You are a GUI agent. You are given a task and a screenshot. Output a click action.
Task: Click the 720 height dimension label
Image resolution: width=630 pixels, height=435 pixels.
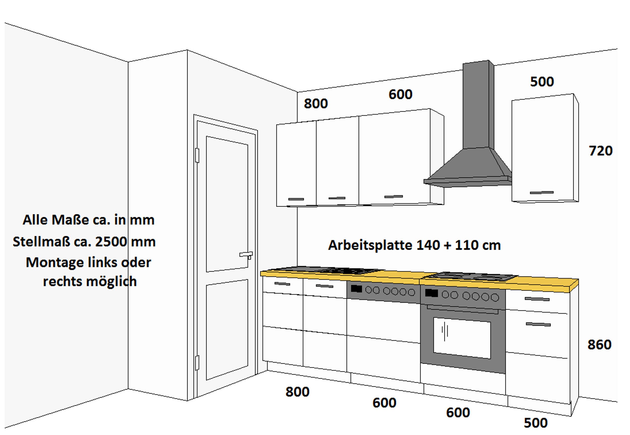pyautogui.click(x=601, y=151)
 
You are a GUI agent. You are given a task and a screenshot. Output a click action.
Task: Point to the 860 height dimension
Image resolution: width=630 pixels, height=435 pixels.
pyautogui.click(x=600, y=345)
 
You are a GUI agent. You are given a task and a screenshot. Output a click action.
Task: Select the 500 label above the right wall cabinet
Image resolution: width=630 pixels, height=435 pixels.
pyautogui.click(x=542, y=82)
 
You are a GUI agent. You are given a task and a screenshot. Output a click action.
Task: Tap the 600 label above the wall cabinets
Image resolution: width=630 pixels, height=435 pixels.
pyautogui.click(x=400, y=95)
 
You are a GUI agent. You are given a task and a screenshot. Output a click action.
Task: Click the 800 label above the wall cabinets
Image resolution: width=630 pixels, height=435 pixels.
pyautogui.click(x=316, y=104)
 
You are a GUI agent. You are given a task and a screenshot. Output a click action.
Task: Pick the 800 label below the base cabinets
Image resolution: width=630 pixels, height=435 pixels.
pyautogui.click(x=297, y=392)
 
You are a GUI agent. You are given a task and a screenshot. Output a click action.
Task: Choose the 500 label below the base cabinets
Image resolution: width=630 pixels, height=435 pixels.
pyautogui.click(x=535, y=423)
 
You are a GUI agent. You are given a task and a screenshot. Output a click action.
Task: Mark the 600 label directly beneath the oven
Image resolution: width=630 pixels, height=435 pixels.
pyautogui.click(x=458, y=413)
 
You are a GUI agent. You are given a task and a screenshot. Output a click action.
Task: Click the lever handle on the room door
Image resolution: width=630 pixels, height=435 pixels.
pyautogui.click(x=246, y=255)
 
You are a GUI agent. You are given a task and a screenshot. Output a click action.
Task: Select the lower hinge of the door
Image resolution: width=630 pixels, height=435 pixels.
pyautogui.click(x=197, y=363)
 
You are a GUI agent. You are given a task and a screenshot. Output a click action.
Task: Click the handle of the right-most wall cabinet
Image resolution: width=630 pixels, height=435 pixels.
pyautogui.click(x=542, y=193)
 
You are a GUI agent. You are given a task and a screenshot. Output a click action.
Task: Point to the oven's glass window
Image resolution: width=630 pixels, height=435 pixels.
pyautogui.click(x=462, y=338)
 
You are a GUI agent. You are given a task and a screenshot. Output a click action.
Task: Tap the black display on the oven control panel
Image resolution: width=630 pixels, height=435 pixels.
pyautogui.click(x=431, y=293)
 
